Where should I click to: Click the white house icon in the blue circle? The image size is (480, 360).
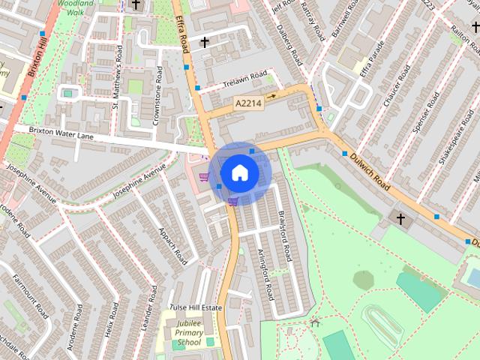tap(239, 172)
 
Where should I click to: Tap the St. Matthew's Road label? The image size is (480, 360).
tap(117, 76)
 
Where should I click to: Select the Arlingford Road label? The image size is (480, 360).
tap(265, 274)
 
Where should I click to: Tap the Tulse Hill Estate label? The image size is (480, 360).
tap(196, 307)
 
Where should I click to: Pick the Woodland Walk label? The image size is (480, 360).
tap(73, 8)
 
